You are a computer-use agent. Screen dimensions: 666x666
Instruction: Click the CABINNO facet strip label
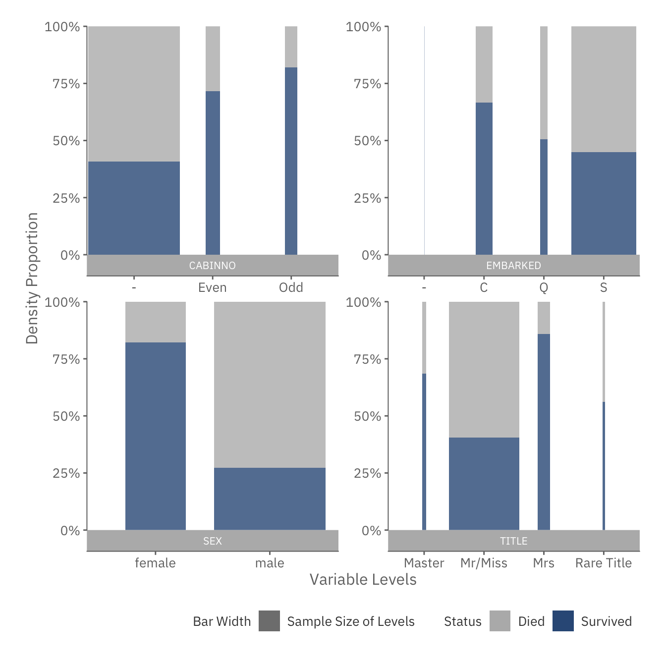pyautogui.click(x=212, y=266)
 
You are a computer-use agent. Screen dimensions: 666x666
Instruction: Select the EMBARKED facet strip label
pyautogui.click(x=513, y=266)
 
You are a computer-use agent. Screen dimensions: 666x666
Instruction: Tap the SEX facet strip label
pyautogui.click(x=212, y=541)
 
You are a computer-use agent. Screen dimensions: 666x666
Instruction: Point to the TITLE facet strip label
pyautogui.click(x=513, y=541)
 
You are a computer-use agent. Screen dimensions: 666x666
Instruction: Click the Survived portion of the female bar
pyautogui.click(x=155, y=436)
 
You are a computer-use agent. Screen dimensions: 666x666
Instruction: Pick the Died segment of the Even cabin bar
pyautogui.click(x=213, y=58)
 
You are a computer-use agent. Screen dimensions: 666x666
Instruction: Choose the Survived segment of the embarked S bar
pyautogui.click(x=603, y=203)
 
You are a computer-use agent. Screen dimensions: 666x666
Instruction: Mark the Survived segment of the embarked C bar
pyautogui.click(x=484, y=178)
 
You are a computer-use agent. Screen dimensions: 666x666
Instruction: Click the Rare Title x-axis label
pyautogui.click(x=603, y=563)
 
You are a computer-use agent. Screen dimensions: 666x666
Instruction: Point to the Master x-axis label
pyautogui.click(x=424, y=563)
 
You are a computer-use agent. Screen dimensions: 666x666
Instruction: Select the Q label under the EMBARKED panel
pyautogui.click(x=544, y=287)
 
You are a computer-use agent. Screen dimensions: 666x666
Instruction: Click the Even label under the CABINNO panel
pyautogui.click(x=212, y=287)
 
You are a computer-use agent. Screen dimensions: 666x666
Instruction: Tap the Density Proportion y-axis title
pyautogui.click(x=32, y=278)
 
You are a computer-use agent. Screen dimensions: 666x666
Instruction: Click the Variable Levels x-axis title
pyautogui.click(x=363, y=579)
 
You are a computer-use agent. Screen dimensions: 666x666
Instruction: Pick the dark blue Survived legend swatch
pyautogui.click(x=563, y=621)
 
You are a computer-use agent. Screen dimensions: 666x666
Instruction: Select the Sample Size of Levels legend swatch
pyautogui.click(x=269, y=621)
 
